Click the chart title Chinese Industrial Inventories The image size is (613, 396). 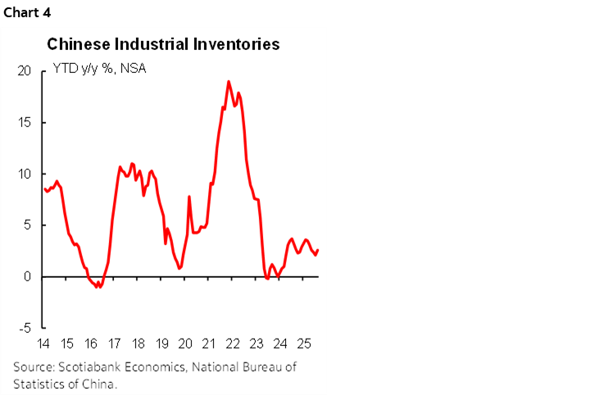(163, 44)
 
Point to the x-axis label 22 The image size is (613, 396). (232, 343)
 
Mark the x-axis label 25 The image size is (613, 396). (302, 343)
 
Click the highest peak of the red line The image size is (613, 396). (228, 81)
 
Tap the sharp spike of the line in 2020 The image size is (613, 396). (189, 197)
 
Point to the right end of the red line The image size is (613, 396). (318, 251)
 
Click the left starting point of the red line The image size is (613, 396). (44, 189)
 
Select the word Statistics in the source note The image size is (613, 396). (39, 383)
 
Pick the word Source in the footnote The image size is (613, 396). (34, 367)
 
